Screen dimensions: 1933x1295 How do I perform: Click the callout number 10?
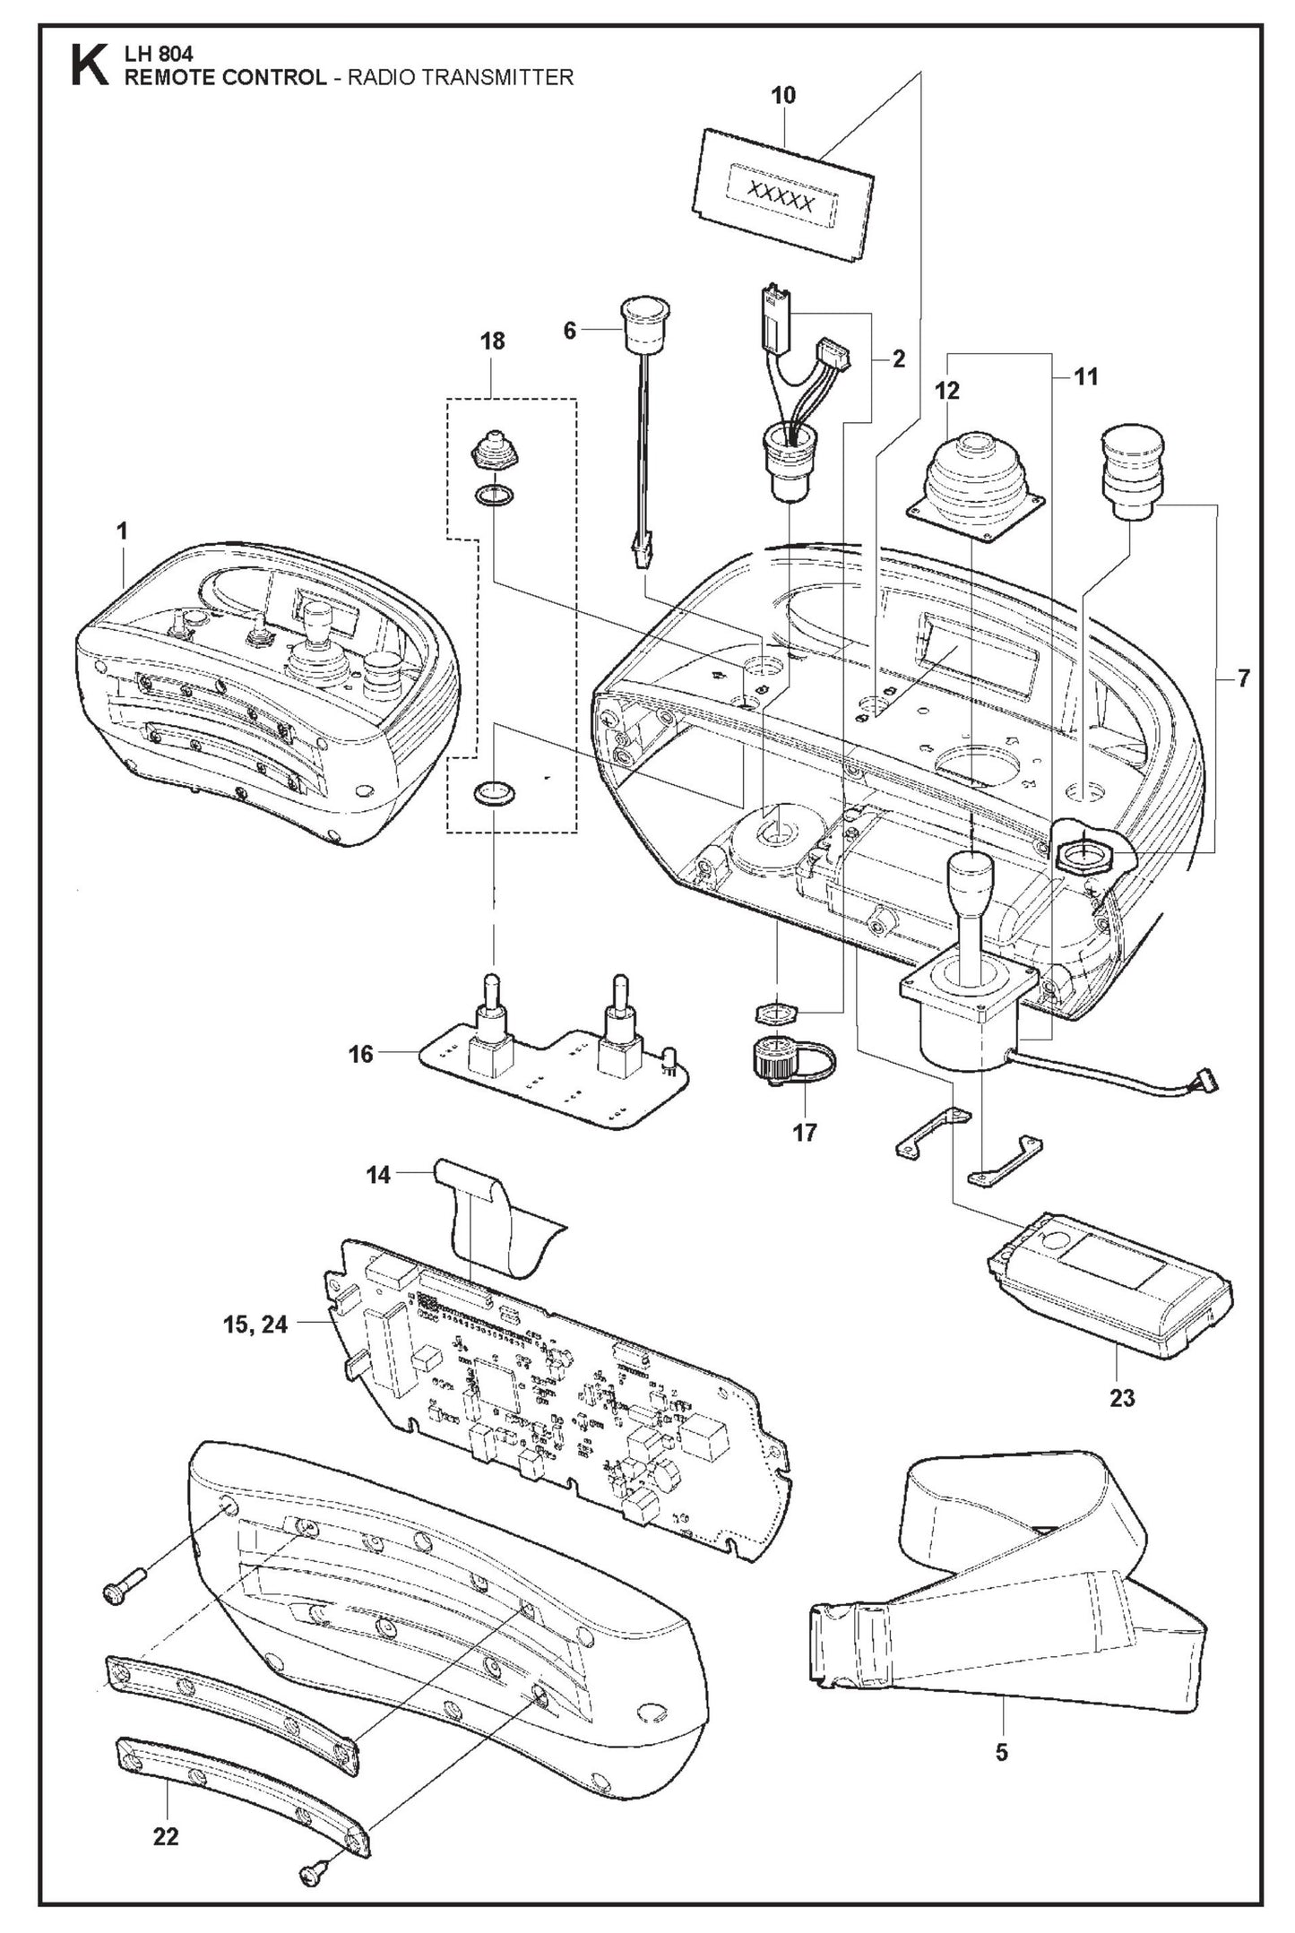coord(782,96)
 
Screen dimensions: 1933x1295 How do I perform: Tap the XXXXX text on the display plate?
coord(781,203)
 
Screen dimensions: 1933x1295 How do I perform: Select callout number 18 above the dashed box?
coord(492,341)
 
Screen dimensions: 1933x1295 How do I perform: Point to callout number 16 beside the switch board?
coord(360,1054)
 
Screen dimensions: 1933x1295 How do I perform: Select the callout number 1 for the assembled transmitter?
coord(122,531)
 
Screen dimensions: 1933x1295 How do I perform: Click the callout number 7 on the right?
coord(1243,678)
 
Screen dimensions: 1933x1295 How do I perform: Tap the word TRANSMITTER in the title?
coord(499,78)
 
